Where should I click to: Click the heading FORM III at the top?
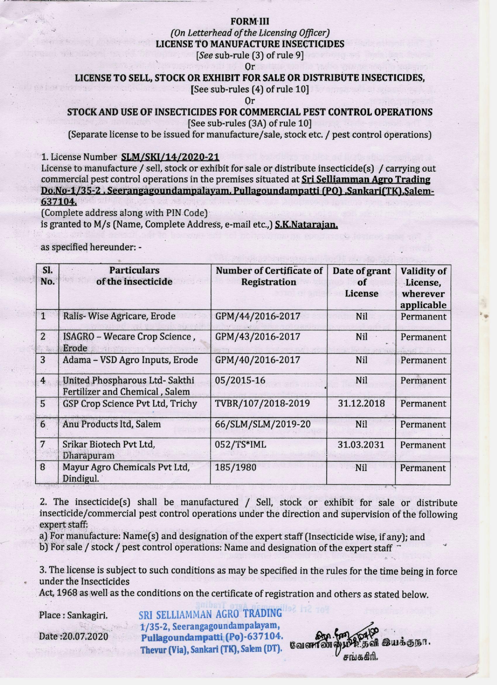click(x=249, y=21)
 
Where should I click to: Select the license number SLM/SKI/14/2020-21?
click(x=170, y=157)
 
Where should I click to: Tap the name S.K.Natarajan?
click(x=306, y=225)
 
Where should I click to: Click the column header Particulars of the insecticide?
click(x=134, y=276)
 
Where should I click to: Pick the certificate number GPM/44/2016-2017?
click(x=258, y=316)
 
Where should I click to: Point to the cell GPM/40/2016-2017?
click(x=258, y=360)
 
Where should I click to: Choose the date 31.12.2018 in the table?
click(x=361, y=404)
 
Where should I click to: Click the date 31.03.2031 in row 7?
click(x=361, y=445)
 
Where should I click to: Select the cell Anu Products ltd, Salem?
click(x=111, y=424)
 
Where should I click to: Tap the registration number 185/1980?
click(x=235, y=467)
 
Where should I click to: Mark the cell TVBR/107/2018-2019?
click(x=262, y=404)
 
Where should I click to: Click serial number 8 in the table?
click(x=43, y=467)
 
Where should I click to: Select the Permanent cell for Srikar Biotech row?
click(x=423, y=445)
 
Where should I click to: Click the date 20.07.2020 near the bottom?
click(x=85, y=636)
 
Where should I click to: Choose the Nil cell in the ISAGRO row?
click(x=361, y=337)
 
